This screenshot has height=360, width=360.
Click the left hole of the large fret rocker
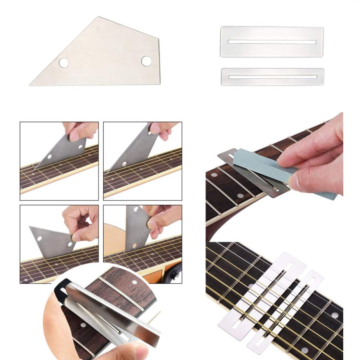64,62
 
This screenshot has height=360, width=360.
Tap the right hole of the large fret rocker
146,61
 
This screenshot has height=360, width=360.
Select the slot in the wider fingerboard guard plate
271,42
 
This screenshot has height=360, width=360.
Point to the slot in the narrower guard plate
272,76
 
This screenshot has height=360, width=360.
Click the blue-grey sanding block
269,168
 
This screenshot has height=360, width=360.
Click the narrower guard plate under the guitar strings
288,312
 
